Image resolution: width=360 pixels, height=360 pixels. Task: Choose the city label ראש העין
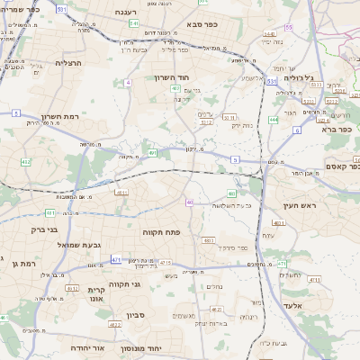pyautogui.click(x=296, y=206)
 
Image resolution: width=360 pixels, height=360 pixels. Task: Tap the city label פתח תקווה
pyautogui.click(x=162, y=232)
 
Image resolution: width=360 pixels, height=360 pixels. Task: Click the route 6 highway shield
pyautogui.click(x=296, y=130)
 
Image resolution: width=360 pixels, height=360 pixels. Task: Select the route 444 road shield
pyautogui.click(x=274, y=118)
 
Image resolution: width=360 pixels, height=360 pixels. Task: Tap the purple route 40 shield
pyautogui.click(x=189, y=202)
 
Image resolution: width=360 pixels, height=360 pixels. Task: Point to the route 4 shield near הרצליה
pyautogui.click(x=129, y=82)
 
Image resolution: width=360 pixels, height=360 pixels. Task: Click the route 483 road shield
pyautogui.click(x=208, y=241)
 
